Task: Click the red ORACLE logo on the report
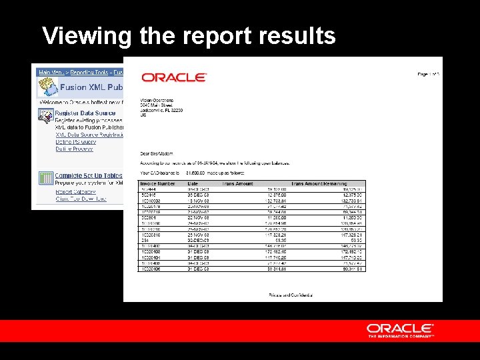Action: point(174,77)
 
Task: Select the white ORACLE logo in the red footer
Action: point(400,329)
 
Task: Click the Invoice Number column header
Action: point(158,183)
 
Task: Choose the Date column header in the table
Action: point(193,183)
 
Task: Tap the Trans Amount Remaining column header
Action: point(328,183)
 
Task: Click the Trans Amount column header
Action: point(238,183)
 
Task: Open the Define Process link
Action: point(75,149)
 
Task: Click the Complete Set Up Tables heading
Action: point(84,176)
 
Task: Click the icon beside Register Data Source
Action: point(45,116)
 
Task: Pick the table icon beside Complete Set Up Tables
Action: point(45,179)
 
